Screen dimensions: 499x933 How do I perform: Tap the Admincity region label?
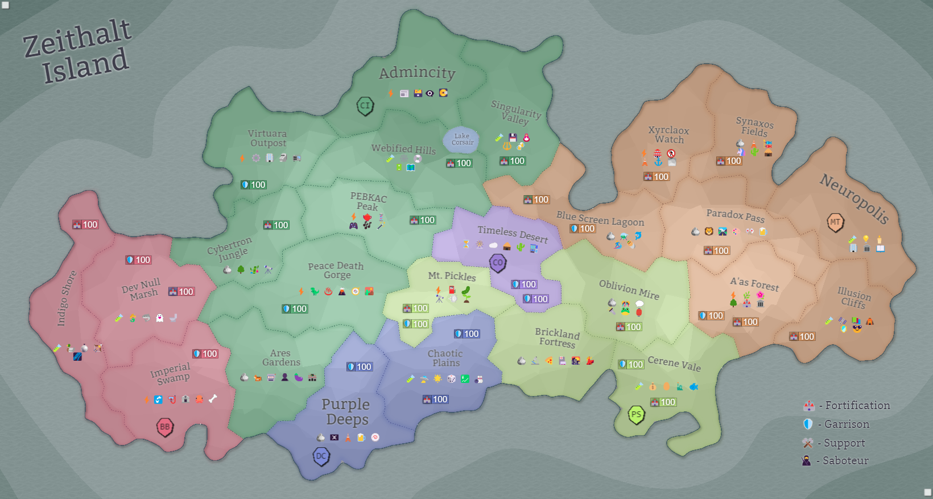[x=417, y=73]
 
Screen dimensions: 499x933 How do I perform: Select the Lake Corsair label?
[x=462, y=139]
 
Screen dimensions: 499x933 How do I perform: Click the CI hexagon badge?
[x=365, y=105]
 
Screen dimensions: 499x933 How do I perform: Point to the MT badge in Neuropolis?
[x=835, y=222]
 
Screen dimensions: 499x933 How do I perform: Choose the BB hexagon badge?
[x=164, y=427]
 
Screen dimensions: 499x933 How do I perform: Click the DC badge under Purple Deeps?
[x=321, y=456]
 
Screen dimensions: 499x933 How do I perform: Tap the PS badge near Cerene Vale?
[x=636, y=414]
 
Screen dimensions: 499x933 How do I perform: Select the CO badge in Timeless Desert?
[x=498, y=263]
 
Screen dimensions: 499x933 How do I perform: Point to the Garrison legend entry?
[x=836, y=424]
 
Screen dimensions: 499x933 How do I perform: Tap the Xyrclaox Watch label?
[x=669, y=135]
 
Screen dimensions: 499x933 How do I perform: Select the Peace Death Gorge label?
[x=336, y=270]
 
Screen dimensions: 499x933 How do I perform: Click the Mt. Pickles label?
[x=452, y=276]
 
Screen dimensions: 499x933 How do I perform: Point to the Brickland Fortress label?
[x=557, y=338]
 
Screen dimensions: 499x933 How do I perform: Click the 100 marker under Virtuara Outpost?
[x=254, y=185]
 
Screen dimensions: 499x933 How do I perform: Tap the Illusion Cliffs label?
[x=853, y=298]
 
